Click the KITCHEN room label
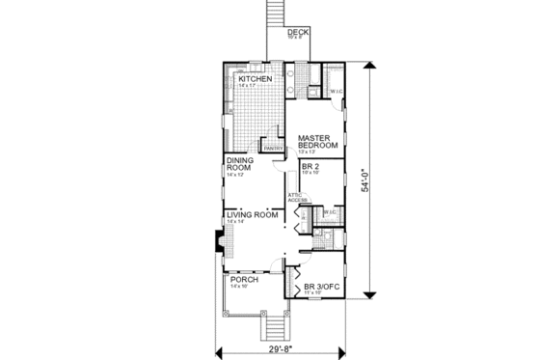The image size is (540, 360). (248, 78)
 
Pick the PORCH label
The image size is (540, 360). (242, 280)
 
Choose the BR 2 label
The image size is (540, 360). (310, 166)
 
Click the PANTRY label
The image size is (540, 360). (273, 149)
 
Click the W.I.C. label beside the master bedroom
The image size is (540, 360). (337, 92)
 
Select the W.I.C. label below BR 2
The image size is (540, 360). (329, 211)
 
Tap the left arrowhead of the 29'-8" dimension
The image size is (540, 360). (218, 346)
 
